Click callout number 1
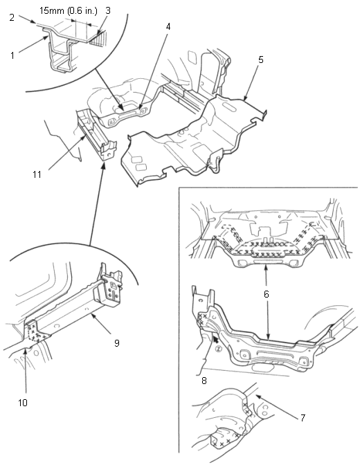(12, 55)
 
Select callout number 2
(12, 17)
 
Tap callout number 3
(108, 10)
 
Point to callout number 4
(168, 27)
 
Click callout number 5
(261, 60)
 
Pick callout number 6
(267, 294)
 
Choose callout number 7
(303, 418)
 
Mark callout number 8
(204, 381)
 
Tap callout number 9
(117, 343)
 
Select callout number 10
(23, 403)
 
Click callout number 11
(37, 174)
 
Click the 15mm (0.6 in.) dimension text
(69, 11)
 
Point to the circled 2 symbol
(219, 349)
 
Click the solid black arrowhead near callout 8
(215, 338)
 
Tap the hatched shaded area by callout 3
(98, 39)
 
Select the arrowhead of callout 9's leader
(93, 316)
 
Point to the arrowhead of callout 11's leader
(84, 137)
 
